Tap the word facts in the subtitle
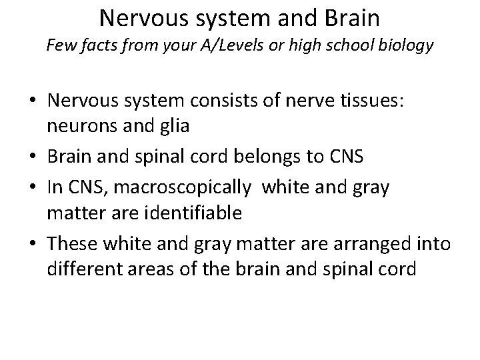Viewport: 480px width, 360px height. tap(95, 46)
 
